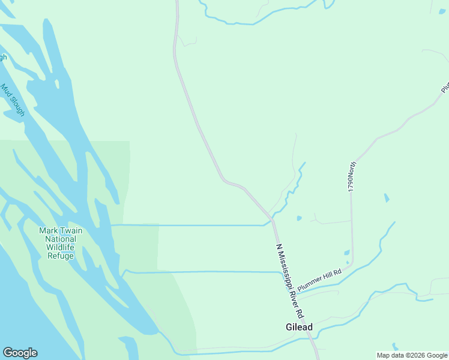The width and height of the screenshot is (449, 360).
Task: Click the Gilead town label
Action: (298, 327)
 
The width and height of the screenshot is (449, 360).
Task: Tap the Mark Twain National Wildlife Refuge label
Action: (61, 243)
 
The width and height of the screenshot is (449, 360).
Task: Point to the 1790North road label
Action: (352, 176)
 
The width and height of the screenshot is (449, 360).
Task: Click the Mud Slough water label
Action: (13, 100)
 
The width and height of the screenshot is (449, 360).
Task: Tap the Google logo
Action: (20, 353)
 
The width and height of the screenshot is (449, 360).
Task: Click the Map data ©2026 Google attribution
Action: (412, 355)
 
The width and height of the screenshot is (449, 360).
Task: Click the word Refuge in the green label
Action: (61, 256)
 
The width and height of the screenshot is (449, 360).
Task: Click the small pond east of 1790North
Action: (386, 197)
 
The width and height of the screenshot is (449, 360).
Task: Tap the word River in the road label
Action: (296, 295)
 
